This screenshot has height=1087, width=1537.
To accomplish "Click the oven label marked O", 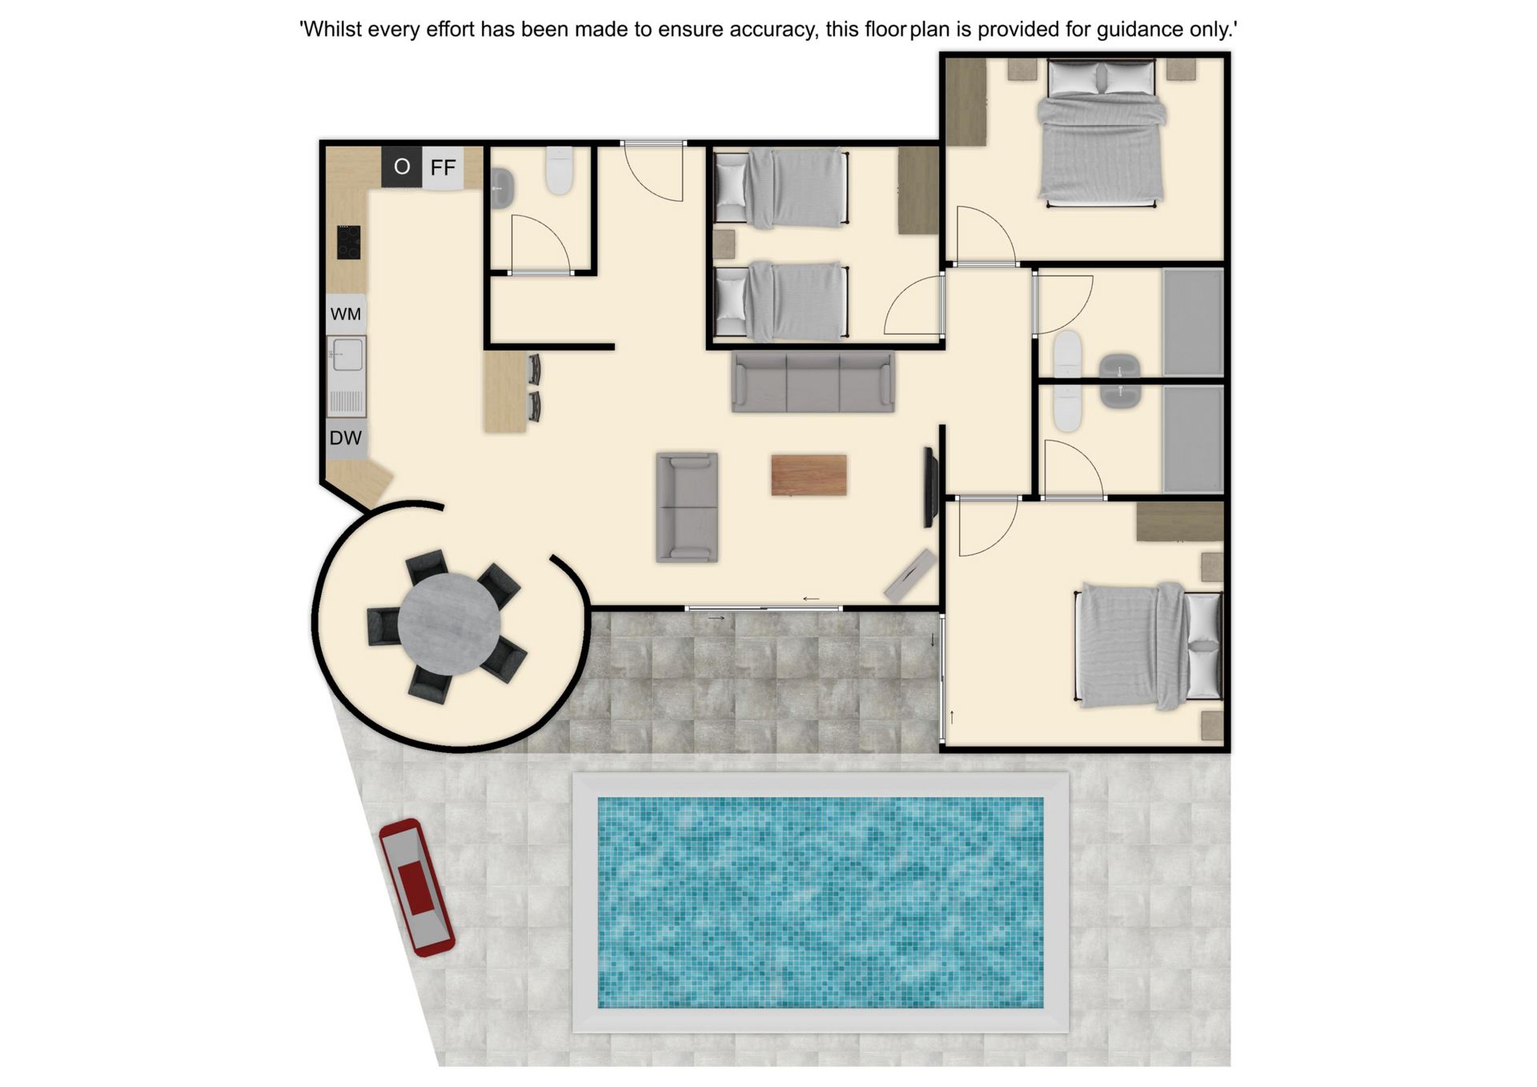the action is (402, 166).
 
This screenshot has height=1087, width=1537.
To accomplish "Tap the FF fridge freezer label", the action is (443, 167).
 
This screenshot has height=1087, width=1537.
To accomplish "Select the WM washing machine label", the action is (346, 314).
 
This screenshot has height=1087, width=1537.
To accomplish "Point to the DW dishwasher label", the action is (346, 438).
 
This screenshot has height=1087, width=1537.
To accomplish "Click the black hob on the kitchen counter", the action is (348, 242).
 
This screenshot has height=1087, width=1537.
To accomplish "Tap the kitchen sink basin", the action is (347, 354).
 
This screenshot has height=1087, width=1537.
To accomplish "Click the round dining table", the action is (449, 624).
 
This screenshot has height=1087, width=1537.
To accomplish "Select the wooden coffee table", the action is (809, 475).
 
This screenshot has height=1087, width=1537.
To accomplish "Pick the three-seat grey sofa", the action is (813, 382).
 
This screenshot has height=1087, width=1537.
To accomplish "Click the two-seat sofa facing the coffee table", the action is (687, 507).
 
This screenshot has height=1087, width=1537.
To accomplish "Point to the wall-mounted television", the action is (930, 487).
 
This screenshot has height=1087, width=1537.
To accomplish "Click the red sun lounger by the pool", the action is (416, 887).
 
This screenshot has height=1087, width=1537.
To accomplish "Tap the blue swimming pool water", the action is (821, 902).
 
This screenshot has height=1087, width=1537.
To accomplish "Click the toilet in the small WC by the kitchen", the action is (560, 170).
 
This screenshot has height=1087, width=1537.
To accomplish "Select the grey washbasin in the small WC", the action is (501, 189).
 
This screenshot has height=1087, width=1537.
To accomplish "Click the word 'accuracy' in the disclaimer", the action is (771, 30).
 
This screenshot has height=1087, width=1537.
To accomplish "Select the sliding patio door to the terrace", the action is (764, 608).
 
